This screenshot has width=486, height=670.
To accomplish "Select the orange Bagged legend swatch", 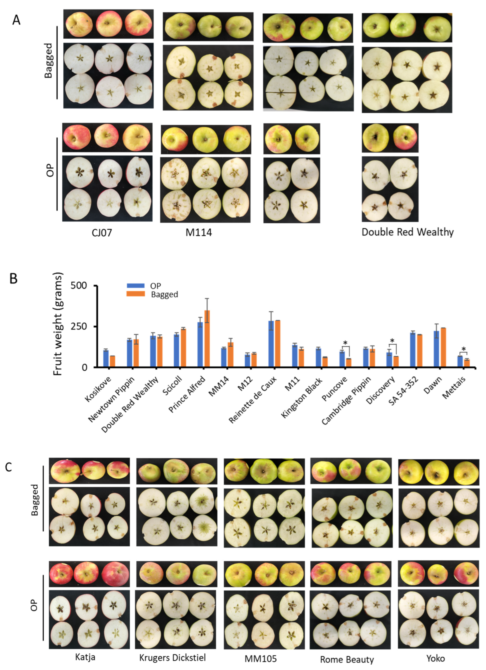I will (x=136, y=294).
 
